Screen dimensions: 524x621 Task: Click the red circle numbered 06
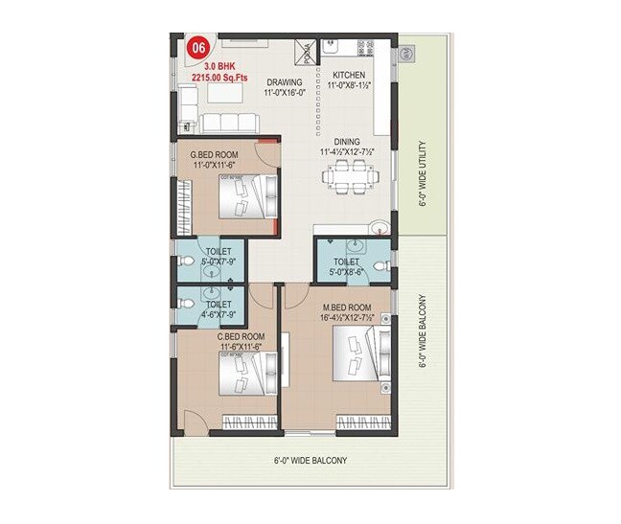tap(198, 47)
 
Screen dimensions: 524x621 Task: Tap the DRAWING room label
tap(285, 82)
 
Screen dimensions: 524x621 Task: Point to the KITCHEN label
tap(349, 74)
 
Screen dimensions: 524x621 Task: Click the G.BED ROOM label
tap(215, 154)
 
